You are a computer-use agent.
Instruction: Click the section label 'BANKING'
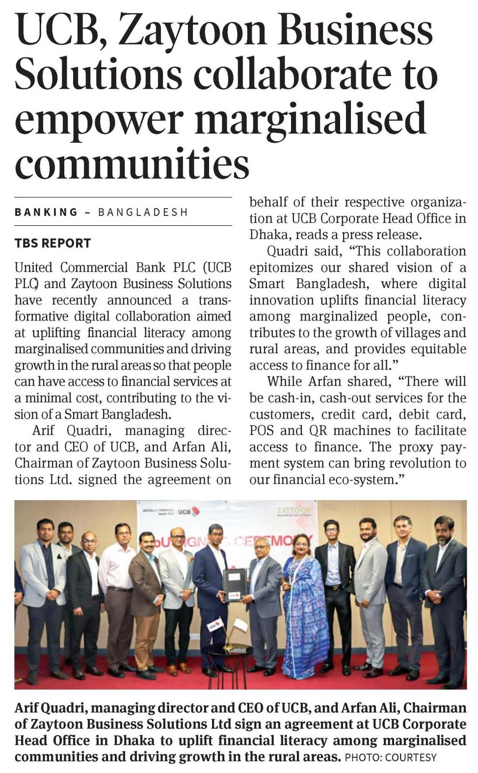[46, 212]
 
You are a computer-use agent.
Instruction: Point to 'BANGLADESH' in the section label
[143, 212]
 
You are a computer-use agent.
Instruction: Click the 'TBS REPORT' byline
[53, 243]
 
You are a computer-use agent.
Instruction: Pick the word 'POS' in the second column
[261, 430]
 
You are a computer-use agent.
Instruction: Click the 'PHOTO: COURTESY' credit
[391, 757]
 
